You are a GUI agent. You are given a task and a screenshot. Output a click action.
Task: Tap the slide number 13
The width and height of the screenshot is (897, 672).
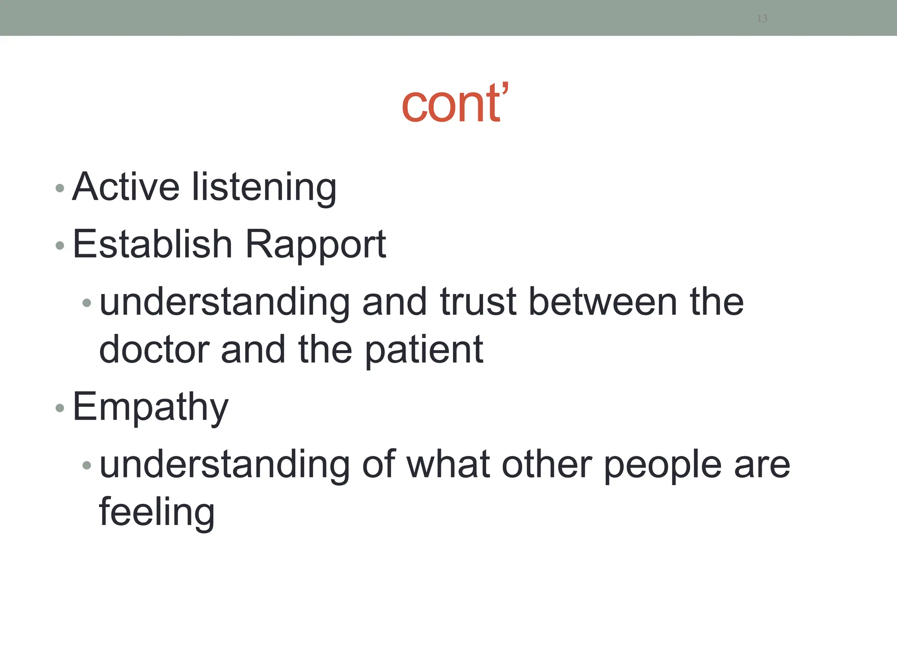pyautogui.click(x=762, y=18)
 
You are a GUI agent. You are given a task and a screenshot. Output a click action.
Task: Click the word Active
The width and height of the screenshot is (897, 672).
pyautogui.click(x=126, y=187)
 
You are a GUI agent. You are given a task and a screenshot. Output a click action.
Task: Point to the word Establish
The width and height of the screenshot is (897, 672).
pyautogui.click(x=152, y=244)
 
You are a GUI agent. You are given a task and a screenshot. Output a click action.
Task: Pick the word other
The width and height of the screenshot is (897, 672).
pyautogui.click(x=547, y=465)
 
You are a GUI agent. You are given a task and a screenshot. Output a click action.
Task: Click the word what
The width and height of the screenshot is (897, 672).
pyautogui.click(x=448, y=465)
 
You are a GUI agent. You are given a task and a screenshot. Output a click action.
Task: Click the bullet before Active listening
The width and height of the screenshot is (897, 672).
pyautogui.click(x=60, y=189)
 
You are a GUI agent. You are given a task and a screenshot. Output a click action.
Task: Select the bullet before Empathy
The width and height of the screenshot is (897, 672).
pyautogui.click(x=60, y=408)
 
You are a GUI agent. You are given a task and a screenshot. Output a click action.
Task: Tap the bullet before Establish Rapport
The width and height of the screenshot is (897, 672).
pyautogui.click(x=60, y=245)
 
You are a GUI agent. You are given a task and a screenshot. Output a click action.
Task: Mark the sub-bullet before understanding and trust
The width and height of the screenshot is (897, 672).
pyautogui.click(x=87, y=302)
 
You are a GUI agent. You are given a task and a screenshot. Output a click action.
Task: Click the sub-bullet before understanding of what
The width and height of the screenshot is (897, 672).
pyautogui.click(x=87, y=465)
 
